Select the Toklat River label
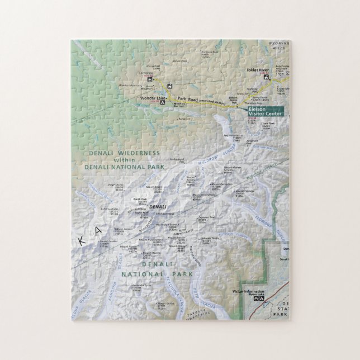[258, 70]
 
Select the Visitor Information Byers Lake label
[248, 291]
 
